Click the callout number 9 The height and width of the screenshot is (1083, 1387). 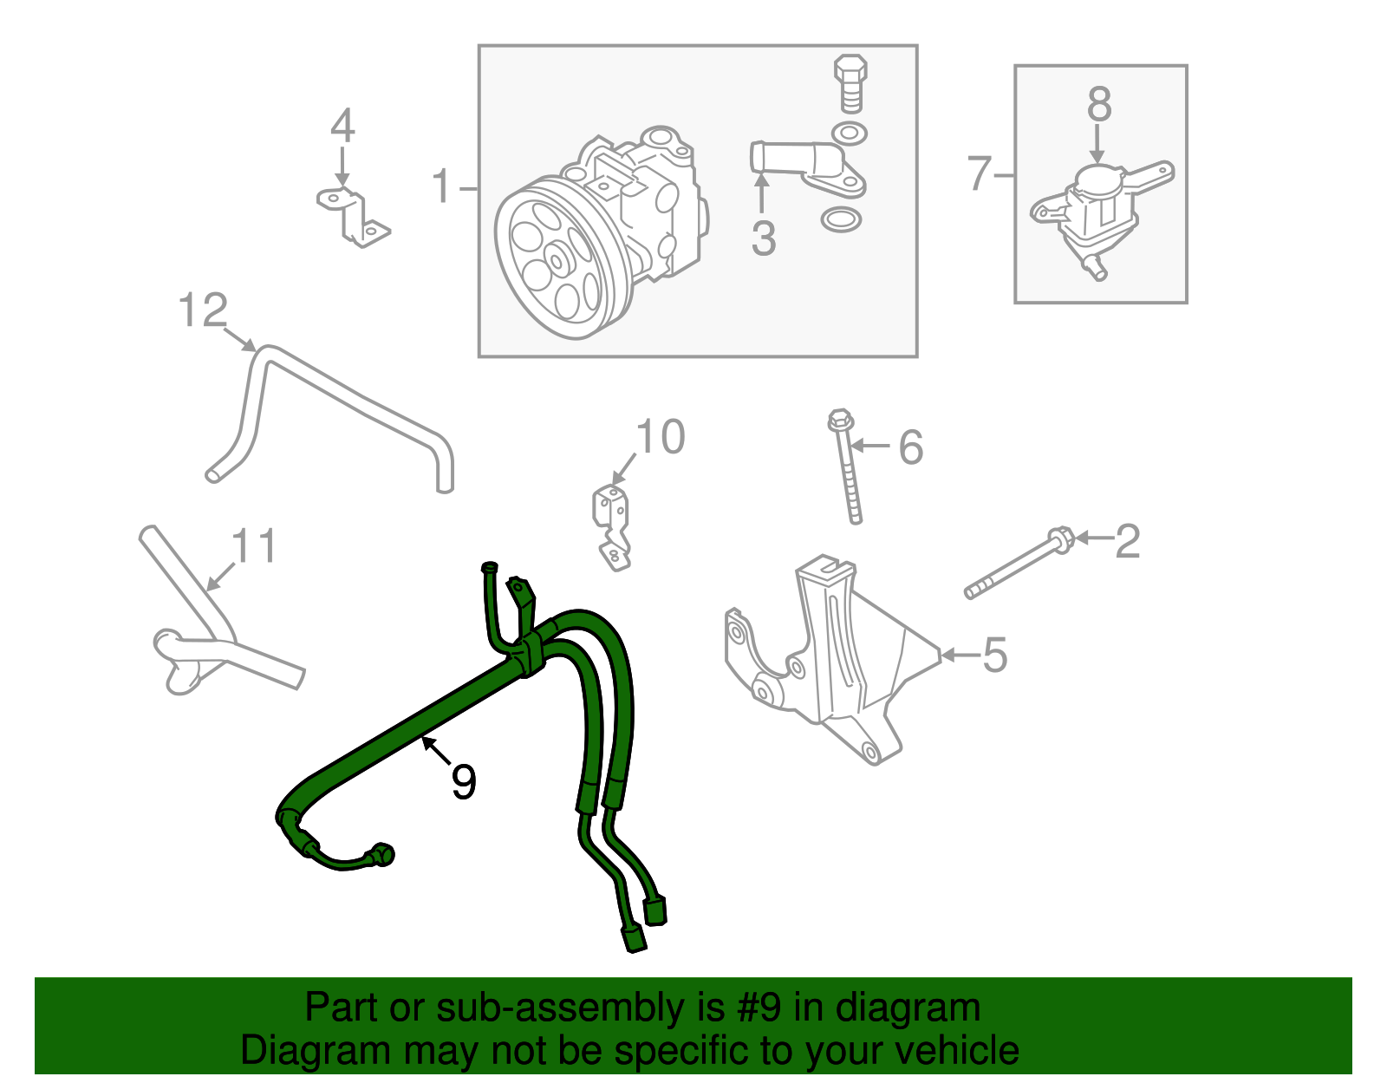tap(464, 782)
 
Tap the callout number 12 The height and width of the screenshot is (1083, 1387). tap(203, 310)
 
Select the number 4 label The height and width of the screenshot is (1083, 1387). tap(342, 126)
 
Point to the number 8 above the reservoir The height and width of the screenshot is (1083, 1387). tap(1098, 105)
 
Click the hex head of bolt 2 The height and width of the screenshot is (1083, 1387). tap(1062, 539)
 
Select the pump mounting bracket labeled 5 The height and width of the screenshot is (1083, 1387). tap(832, 659)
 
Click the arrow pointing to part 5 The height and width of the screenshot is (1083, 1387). tap(958, 656)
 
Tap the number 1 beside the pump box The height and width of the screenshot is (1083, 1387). tap(441, 186)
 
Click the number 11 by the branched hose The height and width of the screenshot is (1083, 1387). tap(254, 546)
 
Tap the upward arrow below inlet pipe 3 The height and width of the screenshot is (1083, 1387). tap(761, 192)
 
